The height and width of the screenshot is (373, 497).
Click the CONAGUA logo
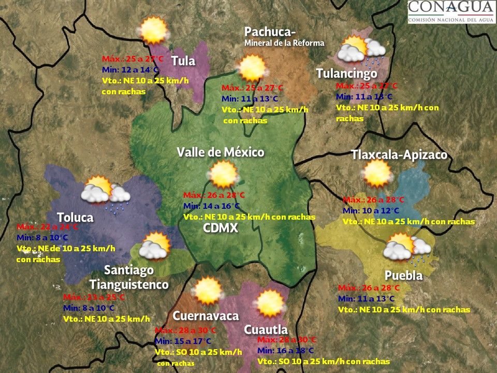click(450, 12)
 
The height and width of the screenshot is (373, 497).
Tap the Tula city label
click(183, 61)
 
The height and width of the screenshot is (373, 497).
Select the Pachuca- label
click(270, 32)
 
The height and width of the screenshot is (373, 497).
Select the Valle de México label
click(221, 152)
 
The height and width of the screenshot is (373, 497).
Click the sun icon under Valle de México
click(224, 175)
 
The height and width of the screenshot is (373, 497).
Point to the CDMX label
click(221, 228)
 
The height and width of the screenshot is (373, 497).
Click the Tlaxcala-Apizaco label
click(399, 155)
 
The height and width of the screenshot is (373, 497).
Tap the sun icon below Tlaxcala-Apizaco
click(377, 173)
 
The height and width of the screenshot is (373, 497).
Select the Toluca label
click(75, 217)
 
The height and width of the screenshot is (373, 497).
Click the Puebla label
click(403, 275)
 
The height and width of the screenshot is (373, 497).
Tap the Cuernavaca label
click(206, 316)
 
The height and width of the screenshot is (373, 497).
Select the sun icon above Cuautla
click(270, 304)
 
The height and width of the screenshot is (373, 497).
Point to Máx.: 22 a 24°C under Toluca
click(48, 227)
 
